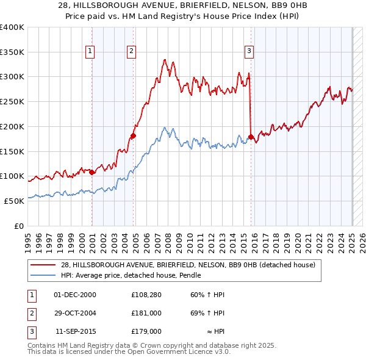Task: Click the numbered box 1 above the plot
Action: tap(90, 52)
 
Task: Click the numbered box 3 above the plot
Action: tap(249, 52)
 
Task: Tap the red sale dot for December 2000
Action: tap(92, 172)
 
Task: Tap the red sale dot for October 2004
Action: tap(134, 136)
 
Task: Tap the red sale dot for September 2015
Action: tap(251, 137)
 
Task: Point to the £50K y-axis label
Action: tap(14, 201)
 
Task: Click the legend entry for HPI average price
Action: tap(131, 275)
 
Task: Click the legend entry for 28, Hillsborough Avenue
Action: tap(187, 265)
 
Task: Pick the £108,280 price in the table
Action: tap(146, 295)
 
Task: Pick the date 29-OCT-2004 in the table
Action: tap(75, 313)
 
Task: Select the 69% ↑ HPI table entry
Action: tap(208, 313)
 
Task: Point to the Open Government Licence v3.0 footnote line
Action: tap(129, 352)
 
